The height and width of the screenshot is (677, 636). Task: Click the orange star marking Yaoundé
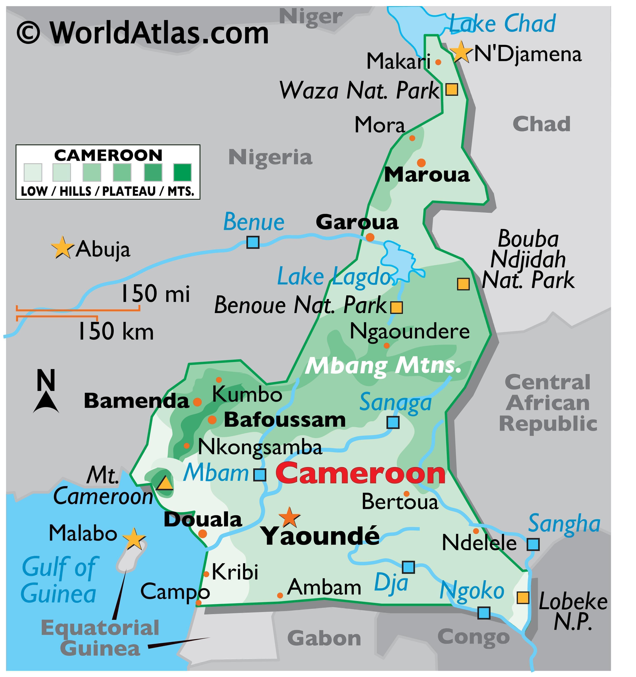coord(289,517)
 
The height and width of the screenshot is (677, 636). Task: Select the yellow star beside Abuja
coord(62,248)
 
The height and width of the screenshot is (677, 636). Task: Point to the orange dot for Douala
coord(203,534)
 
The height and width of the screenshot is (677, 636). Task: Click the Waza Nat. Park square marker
coord(452,89)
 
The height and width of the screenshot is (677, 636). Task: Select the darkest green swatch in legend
coord(183,172)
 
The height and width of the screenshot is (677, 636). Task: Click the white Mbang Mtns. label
coord(383,366)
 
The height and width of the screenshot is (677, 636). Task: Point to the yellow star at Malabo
coord(134,539)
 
